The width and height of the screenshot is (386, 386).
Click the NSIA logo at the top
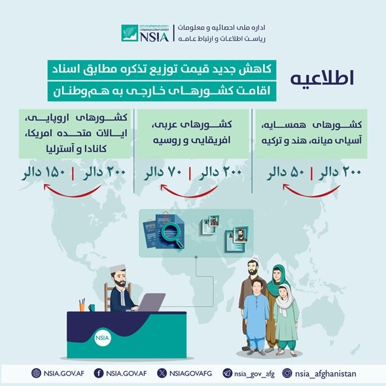145,33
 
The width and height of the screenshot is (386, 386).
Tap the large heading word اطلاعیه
322,78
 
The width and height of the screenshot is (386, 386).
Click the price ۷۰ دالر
164,173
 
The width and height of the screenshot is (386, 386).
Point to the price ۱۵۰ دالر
44,173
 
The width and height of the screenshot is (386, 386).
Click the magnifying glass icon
172,234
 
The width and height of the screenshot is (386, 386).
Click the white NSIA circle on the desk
103,338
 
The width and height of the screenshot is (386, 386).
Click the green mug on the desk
92,307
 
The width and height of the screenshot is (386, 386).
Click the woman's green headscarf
275,281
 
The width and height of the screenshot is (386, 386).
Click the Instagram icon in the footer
287,373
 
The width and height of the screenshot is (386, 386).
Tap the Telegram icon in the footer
227,373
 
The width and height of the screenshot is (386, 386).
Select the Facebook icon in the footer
99,373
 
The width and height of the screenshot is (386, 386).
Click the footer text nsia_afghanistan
325,374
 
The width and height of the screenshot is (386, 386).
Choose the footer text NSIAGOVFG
190,374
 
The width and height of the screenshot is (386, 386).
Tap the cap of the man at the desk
118,268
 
